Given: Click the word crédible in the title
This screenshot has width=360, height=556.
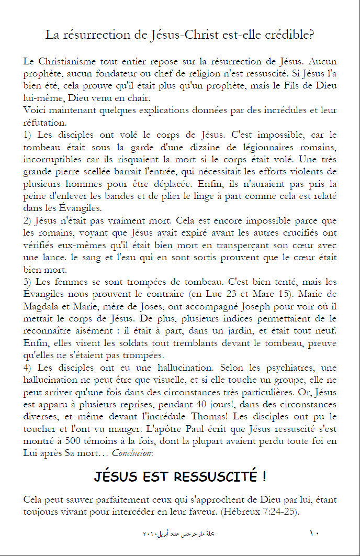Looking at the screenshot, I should click(289, 36).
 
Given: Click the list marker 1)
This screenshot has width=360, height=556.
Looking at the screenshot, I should click(28, 134).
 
